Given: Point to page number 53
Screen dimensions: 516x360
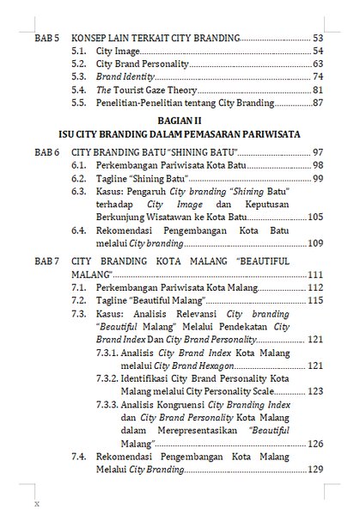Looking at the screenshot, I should click(x=317, y=39).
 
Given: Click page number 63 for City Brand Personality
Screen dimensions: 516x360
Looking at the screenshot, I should click(x=317, y=64).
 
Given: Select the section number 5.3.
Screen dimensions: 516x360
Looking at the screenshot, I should click(x=79, y=77).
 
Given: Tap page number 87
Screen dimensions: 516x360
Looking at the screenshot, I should click(x=317, y=103).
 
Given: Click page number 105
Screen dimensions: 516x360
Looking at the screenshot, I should click(x=314, y=218).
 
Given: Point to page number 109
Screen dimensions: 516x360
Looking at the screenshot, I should click(x=314, y=244).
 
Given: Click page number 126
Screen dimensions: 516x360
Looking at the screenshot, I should click(x=314, y=443).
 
